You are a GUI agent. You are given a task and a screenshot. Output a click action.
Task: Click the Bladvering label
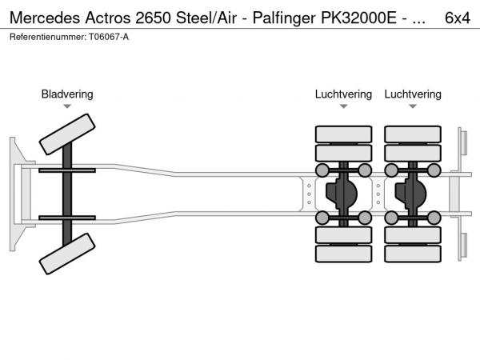[67, 94]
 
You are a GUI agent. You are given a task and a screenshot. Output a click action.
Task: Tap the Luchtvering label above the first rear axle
[343, 94]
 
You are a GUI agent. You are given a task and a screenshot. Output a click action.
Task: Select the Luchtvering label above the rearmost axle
[413, 94]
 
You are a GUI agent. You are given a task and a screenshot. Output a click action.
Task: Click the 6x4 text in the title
[457, 18]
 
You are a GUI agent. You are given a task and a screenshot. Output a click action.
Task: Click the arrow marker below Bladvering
[67, 106]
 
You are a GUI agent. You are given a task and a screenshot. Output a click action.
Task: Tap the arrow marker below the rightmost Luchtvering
[413, 106]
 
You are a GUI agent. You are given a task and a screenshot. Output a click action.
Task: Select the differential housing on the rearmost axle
[414, 194]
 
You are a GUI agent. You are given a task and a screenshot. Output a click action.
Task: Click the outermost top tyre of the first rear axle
[343, 134]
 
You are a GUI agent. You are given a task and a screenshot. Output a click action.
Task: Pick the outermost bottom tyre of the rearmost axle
[413, 254]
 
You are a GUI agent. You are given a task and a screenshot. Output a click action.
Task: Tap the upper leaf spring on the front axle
[67, 171]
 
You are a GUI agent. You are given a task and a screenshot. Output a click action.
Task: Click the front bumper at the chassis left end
[15, 194]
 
